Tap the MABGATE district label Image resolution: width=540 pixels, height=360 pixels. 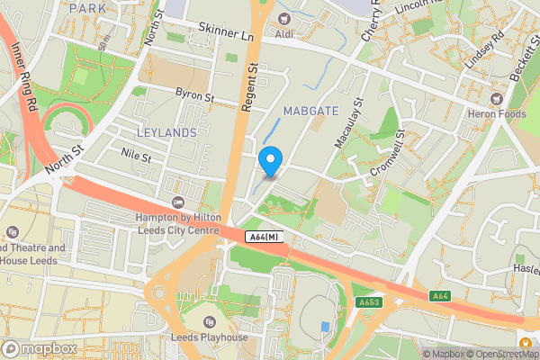310,111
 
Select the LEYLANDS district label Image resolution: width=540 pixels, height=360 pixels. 166,132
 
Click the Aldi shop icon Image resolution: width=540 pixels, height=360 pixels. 285,19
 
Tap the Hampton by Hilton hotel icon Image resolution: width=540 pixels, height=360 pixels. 177,202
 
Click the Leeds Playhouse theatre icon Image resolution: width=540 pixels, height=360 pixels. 210,321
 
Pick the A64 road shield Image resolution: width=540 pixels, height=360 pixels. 440,296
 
